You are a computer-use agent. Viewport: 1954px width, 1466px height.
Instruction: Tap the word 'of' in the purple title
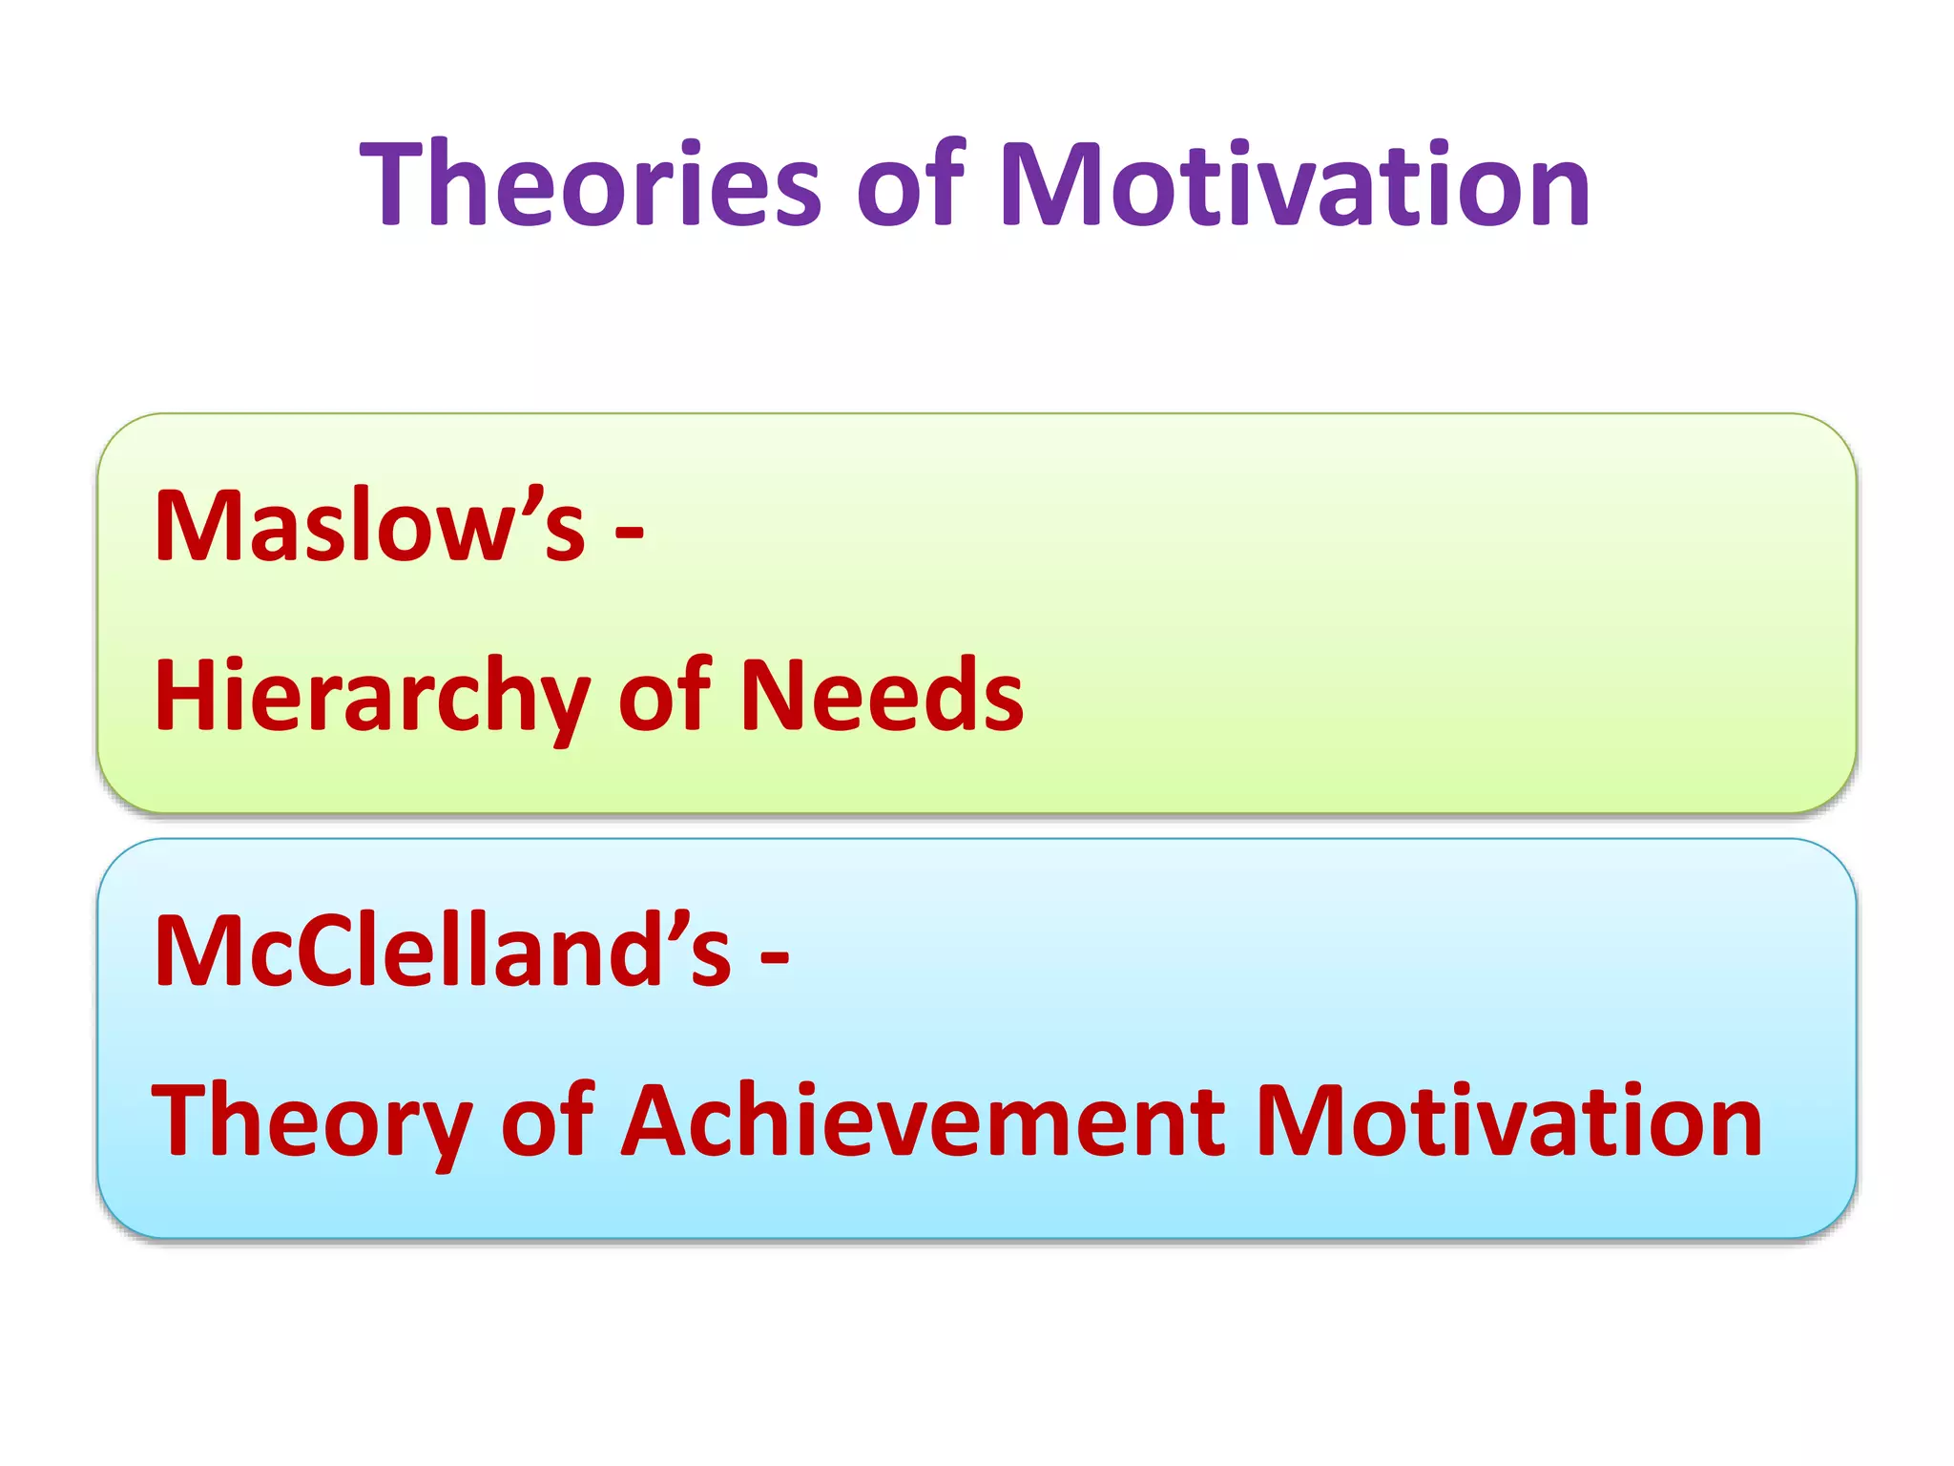pyautogui.click(x=909, y=185)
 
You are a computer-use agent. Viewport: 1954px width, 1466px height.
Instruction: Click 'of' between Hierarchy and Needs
pyautogui.click(x=664, y=696)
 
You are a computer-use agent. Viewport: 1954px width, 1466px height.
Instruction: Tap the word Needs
pyautogui.click(x=882, y=696)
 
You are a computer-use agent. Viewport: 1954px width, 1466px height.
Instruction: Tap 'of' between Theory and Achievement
pyautogui.click(x=547, y=1121)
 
